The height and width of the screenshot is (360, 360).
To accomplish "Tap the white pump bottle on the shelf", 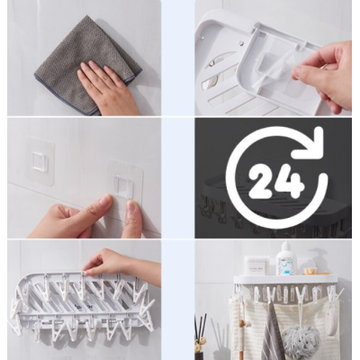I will (286, 260).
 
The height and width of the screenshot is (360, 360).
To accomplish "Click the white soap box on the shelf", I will (257, 265).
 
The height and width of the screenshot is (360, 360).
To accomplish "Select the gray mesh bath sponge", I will (296, 341).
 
